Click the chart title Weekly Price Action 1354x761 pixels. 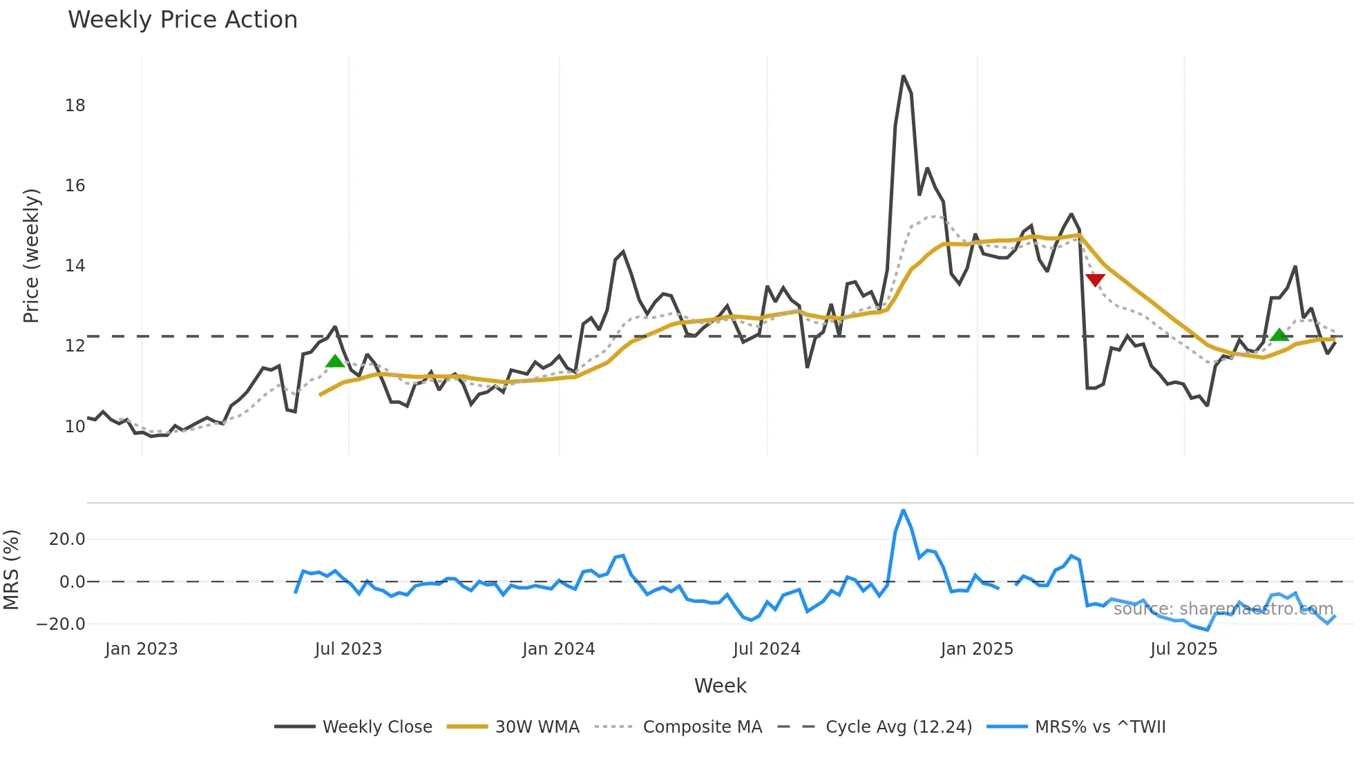click(x=182, y=20)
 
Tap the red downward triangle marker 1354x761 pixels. click(x=1095, y=279)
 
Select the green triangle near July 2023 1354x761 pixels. click(x=335, y=361)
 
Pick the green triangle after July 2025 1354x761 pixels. click(x=1279, y=335)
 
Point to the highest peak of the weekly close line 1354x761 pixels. click(x=903, y=76)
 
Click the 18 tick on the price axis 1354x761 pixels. click(x=75, y=106)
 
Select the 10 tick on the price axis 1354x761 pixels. click(x=75, y=427)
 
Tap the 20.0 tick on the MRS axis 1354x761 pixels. click(x=67, y=539)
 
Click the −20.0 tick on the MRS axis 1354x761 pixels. click(x=61, y=624)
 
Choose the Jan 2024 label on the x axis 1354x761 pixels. click(x=558, y=649)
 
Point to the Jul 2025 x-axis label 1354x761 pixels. click(x=1183, y=649)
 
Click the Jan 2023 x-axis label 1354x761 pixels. click(x=142, y=649)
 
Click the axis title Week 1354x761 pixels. click(x=720, y=686)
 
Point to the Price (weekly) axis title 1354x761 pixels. click(x=32, y=256)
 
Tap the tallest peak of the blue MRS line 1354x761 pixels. click(x=903, y=511)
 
